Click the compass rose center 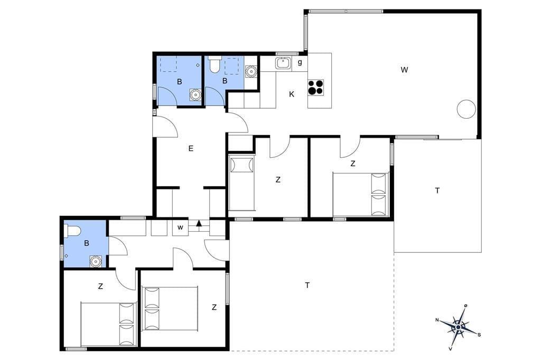click(458, 327)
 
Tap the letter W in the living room click(404, 70)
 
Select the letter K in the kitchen click(292, 94)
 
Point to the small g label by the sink click(300, 62)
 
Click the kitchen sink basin click(284, 63)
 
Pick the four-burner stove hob click(316, 87)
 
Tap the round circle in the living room click(466, 109)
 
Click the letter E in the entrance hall click(191, 149)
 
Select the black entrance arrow click(199, 223)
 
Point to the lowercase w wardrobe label click(180, 228)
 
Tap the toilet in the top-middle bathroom click(214, 64)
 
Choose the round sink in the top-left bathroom click(195, 94)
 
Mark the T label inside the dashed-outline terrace click(307, 285)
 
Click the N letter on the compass click(437, 320)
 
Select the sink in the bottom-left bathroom click(95, 261)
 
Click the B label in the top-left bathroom click(180, 82)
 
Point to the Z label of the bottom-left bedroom click(100, 286)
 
